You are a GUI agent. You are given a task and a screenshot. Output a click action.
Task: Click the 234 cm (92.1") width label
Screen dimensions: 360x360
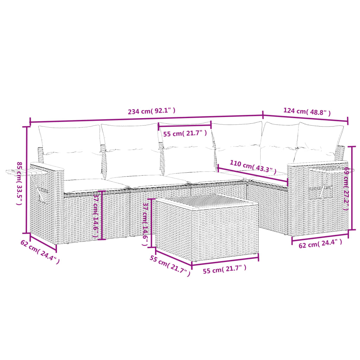pos(152,111)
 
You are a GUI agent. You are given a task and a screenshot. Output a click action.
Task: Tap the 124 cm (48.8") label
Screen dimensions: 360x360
pos(307,112)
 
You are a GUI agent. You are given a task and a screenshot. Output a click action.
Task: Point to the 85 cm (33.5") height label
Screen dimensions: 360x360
pos(20,184)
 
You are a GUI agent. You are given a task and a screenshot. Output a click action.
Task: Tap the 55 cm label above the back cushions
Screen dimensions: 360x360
pos(185,134)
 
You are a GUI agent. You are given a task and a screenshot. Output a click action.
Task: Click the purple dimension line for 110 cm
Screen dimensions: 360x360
pos(252,175)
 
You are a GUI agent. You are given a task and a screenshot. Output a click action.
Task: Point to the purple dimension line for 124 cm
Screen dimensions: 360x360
pos(305,118)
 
